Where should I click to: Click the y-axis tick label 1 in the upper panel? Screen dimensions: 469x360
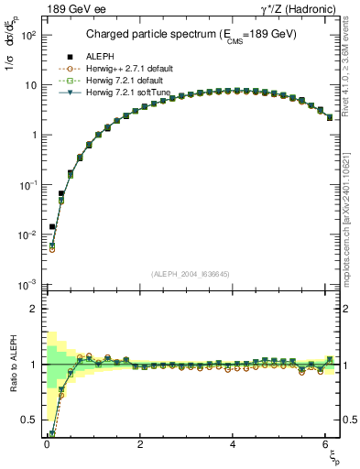coord(35,135)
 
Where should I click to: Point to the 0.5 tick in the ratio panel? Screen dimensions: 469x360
coord(31,420)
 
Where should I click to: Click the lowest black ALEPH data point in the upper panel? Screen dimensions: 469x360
coord(52,226)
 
